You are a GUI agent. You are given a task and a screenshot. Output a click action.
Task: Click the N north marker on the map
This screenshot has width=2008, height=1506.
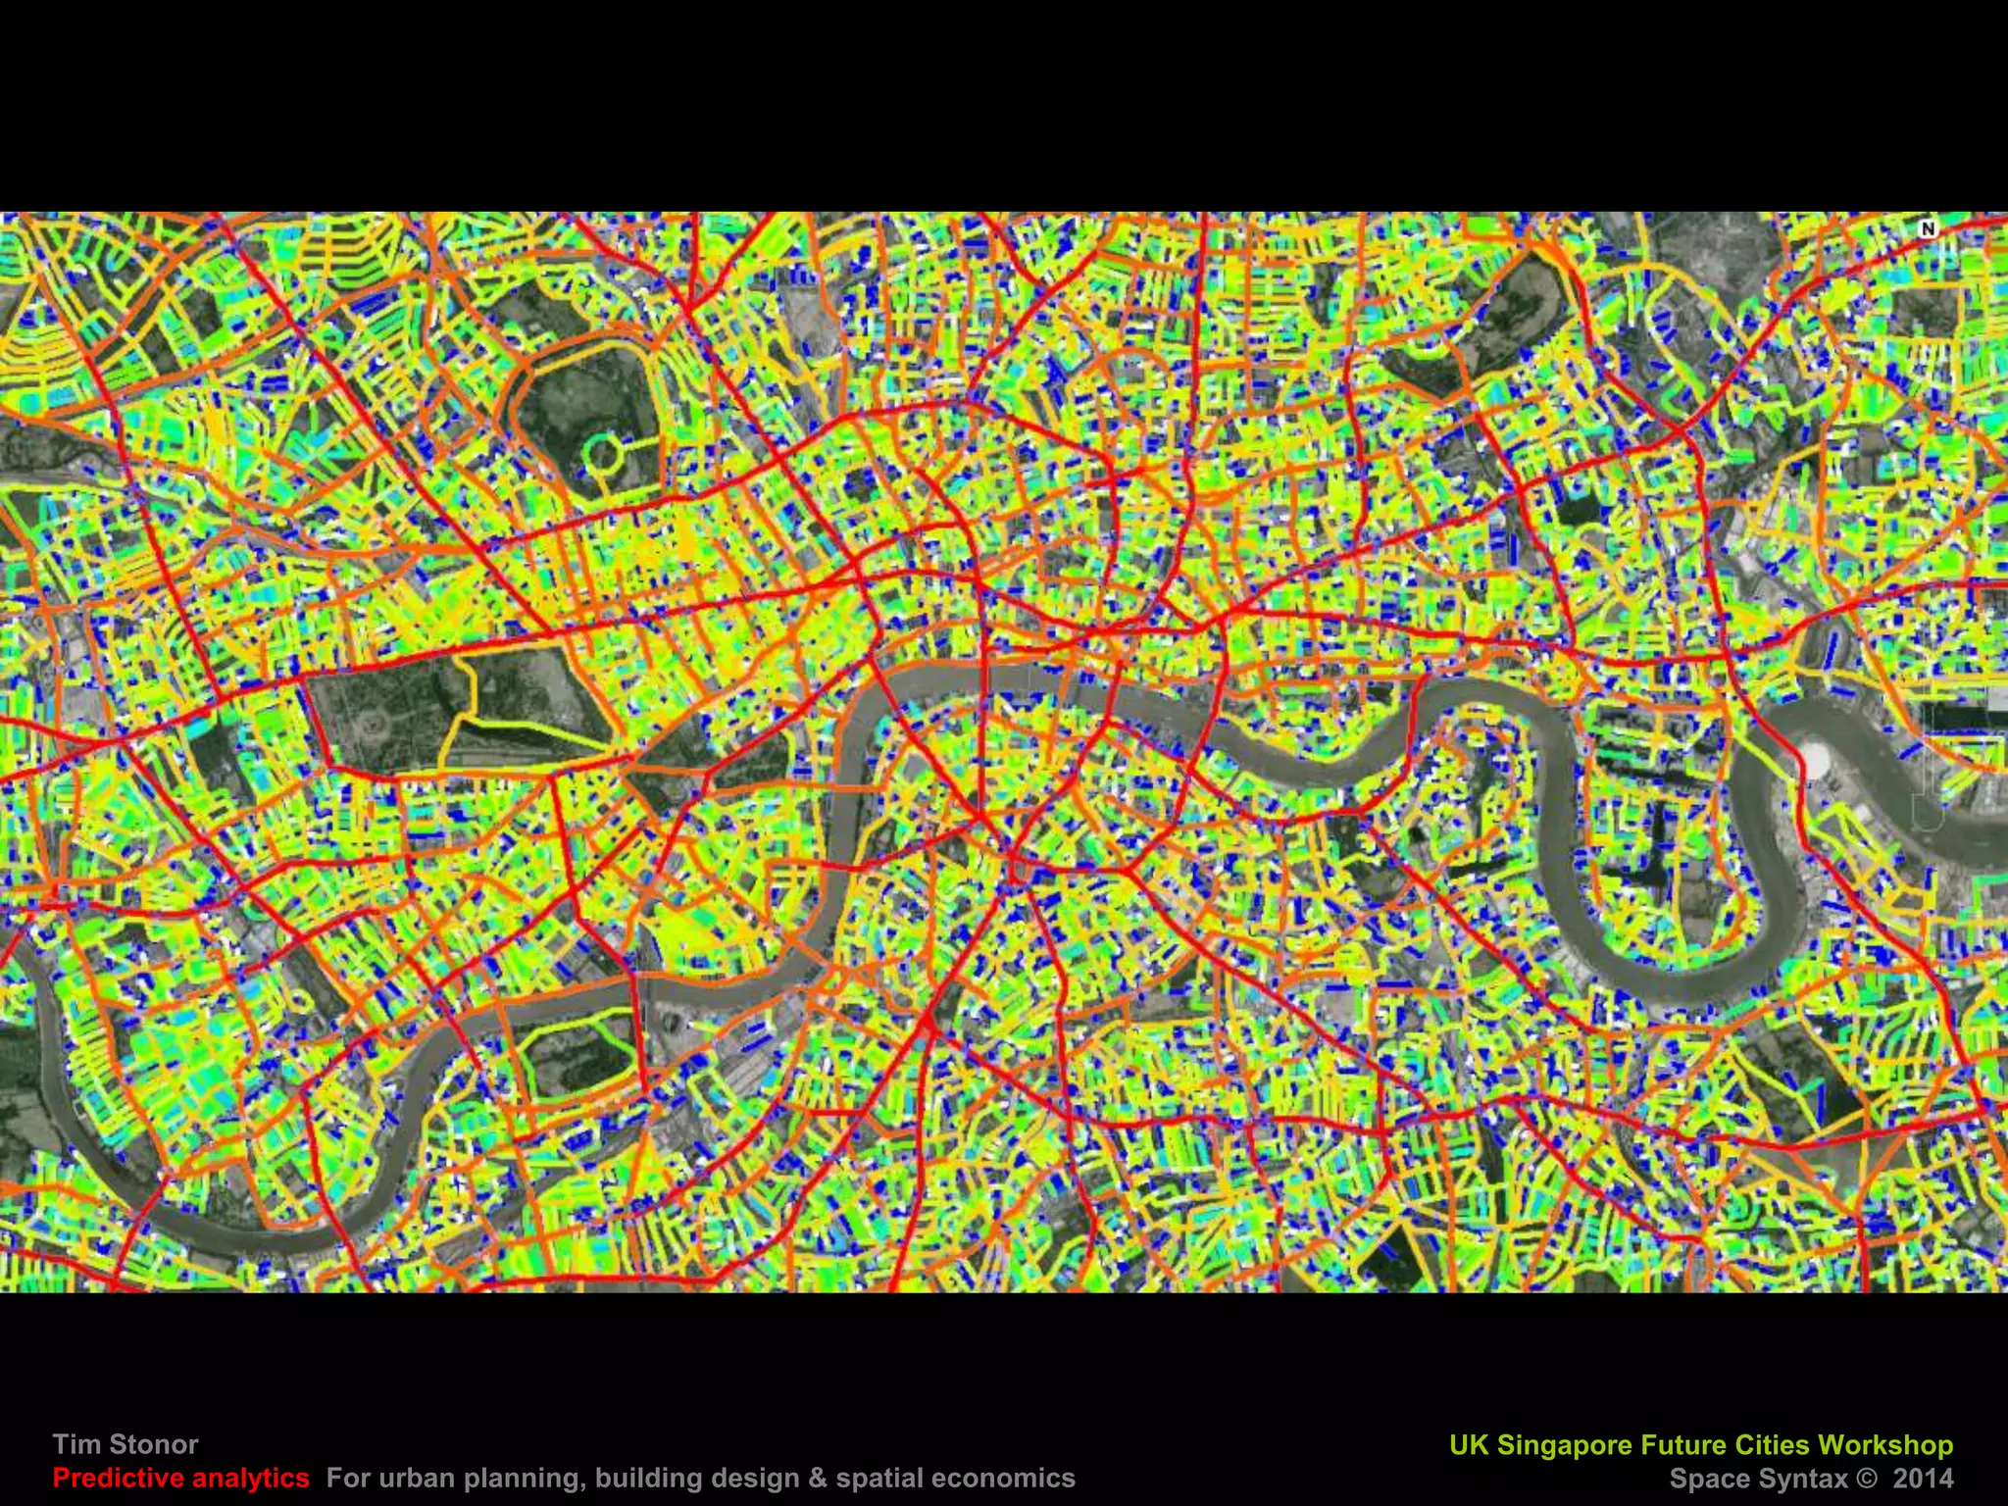pos(1928,228)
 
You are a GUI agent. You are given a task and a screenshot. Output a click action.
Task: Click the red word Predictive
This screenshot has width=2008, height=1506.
pos(115,1478)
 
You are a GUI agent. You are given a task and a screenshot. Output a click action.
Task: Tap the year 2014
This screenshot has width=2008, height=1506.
pos(1923,1479)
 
